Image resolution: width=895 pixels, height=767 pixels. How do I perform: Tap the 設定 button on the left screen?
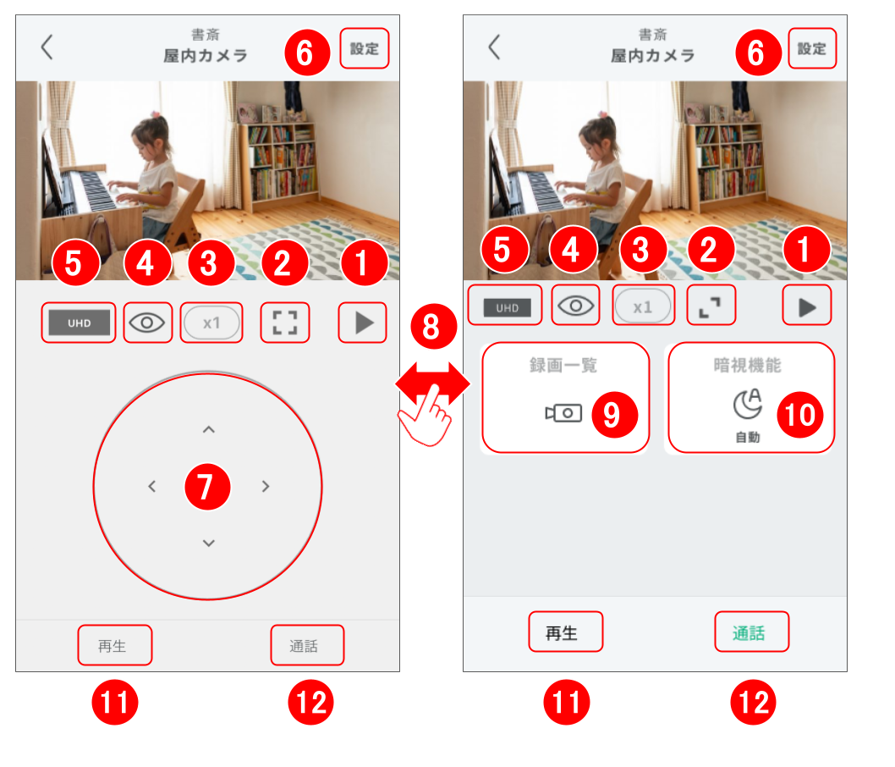(364, 48)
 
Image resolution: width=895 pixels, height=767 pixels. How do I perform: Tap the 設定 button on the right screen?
(811, 48)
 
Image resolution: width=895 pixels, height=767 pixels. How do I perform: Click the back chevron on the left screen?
(47, 47)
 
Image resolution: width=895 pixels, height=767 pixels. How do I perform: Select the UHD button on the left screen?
(79, 323)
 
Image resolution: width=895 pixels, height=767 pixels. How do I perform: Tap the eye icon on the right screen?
(575, 306)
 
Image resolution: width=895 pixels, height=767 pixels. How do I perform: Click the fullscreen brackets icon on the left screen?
(285, 323)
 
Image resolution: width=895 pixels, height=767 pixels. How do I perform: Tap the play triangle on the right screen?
(807, 307)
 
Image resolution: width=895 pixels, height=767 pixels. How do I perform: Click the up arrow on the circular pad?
(209, 429)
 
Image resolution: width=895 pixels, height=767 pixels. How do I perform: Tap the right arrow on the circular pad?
(266, 486)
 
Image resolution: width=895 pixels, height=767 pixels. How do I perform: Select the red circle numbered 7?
(208, 487)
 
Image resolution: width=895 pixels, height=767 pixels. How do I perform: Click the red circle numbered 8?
(433, 327)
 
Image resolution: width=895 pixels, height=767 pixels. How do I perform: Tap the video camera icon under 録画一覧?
(563, 413)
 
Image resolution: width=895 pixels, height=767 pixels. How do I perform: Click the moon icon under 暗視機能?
(748, 404)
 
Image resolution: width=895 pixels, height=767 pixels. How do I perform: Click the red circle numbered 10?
(800, 415)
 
